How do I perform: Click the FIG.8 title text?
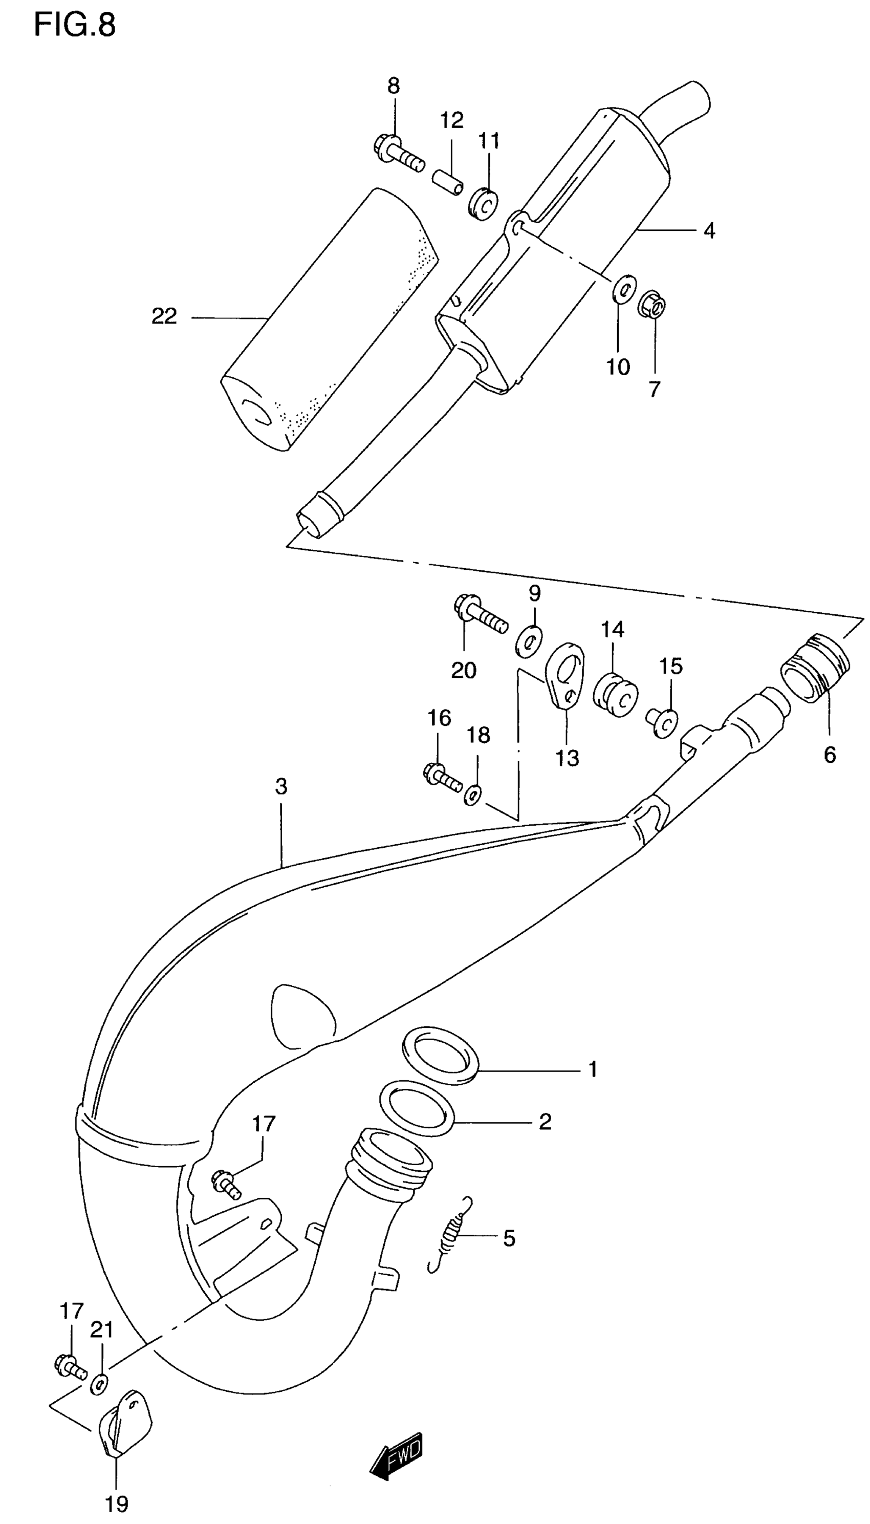click(74, 26)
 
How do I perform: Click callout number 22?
click(164, 316)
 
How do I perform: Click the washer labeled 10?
click(623, 290)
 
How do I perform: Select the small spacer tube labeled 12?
click(448, 181)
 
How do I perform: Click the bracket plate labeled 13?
click(565, 674)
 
